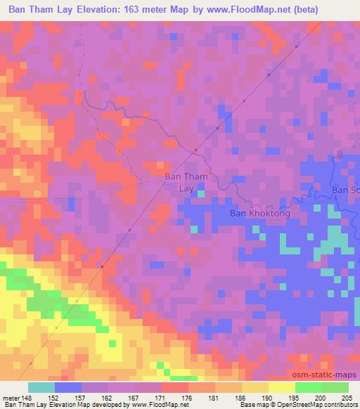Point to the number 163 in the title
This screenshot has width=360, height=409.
click(x=129, y=10)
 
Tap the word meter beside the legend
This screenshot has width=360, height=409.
click(x=10, y=397)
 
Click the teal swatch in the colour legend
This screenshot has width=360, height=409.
click(x=41, y=387)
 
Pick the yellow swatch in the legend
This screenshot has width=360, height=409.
click(x=281, y=387)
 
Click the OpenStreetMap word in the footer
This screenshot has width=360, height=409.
click(x=298, y=405)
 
